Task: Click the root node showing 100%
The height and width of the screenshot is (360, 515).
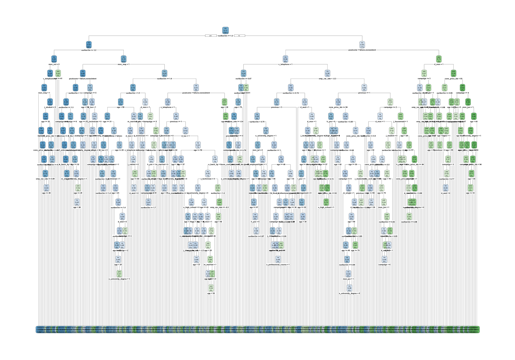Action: coord(225,30)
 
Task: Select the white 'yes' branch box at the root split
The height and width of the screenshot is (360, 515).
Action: coord(210,36)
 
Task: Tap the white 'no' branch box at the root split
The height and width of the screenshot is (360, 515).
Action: coord(239,36)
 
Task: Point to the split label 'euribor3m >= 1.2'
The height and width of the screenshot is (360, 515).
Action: coord(225,36)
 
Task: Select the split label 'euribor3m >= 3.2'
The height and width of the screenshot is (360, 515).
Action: coord(89,50)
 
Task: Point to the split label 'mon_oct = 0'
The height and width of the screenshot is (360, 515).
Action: coord(54,64)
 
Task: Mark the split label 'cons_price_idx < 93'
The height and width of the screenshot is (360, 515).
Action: coord(454,78)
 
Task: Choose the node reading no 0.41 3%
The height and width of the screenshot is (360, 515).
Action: coord(196,87)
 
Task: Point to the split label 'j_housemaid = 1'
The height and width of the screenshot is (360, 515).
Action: coord(400,121)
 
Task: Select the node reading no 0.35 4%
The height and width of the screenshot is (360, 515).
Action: coord(291,87)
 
